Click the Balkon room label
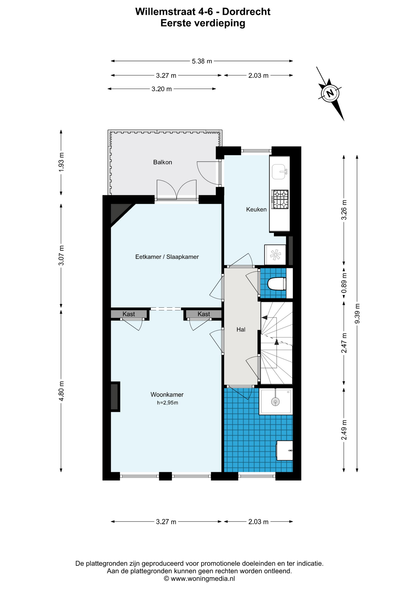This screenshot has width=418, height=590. (x=163, y=162)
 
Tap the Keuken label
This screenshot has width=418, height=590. (x=256, y=210)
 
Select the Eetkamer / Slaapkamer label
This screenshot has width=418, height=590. (x=167, y=257)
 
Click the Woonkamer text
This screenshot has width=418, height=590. (x=167, y=395)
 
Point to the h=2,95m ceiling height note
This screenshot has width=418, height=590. (x=167, y=403)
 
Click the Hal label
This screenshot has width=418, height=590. (x=241, y=330)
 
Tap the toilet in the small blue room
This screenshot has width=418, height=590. (x=277, y=284)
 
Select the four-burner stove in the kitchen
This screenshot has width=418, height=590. (x=280, y=199)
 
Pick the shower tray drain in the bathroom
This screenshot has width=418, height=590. (x=275, y=401)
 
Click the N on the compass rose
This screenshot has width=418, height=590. (x=330, y=93)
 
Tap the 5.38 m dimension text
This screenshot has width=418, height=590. (x=202, y=61)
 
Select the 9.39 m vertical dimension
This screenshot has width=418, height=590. (x=357, y=313)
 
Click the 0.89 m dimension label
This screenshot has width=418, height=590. (x=344, y=283)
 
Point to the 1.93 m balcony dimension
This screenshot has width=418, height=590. (x=61, y=162)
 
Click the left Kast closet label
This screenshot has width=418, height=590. (x=129, y=314)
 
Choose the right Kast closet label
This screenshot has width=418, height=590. (x=204, y=314)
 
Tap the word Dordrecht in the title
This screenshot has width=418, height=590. (x=246, y=12)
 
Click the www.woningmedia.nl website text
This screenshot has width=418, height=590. (x=203, y=579)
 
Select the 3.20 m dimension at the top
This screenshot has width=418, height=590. (x=162, y=89)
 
